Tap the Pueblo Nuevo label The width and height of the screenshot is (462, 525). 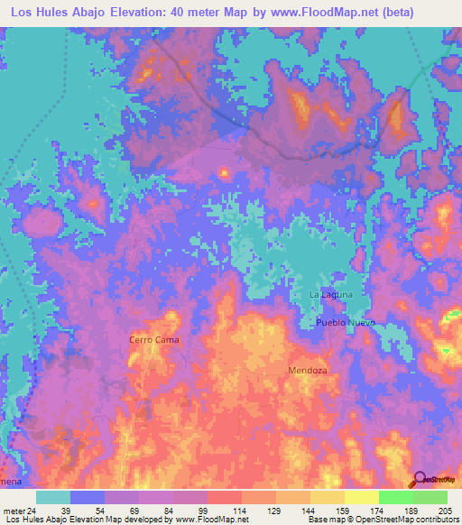pyautogui.click(x=344, y=323)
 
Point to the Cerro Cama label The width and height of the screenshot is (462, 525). pyautogui.click(x=152, y=340)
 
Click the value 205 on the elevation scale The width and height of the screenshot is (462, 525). pyautogui.click(x=442, y=510)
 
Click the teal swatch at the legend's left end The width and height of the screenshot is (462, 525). pyautogui.click(x=53, y=497)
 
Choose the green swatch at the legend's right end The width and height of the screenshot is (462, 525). pyautogui.click(x=430, y=497)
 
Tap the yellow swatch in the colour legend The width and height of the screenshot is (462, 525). pyautogui.click(x=361, y=497)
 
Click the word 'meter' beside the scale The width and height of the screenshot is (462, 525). pyautogui.click(x=12, y=510)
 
